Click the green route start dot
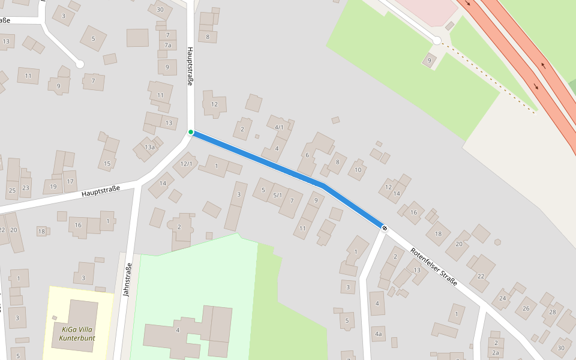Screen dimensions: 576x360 tap(191, 132)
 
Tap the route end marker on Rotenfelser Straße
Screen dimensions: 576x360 tap(384, 227)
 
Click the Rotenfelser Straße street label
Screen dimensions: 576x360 tap(434, 267)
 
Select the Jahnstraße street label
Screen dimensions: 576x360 tap(127, 280)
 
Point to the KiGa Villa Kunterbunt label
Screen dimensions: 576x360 tap(77, 333)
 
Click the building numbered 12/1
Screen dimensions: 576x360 tap(186, 164)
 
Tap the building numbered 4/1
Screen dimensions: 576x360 tap(279, 127)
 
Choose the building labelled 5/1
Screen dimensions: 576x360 tap(277, 195)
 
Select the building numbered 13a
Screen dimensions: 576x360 tap(149, 147)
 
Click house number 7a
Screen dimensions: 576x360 tap(168, 45)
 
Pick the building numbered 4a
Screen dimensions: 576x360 tap(378, 334)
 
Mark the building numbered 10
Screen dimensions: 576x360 tap(358, 170)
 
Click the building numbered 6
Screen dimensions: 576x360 tap(307, 155)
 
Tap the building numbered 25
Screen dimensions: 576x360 tap(12, 190)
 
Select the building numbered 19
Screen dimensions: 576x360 tap(53, 187)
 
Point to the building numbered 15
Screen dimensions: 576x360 tap(107, 163)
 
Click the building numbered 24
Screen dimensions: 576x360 tap(503, 298)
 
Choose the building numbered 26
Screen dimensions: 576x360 tap(526, 308)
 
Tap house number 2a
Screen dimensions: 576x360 tap(496, 353)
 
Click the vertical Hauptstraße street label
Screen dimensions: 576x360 tap(190, 67)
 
